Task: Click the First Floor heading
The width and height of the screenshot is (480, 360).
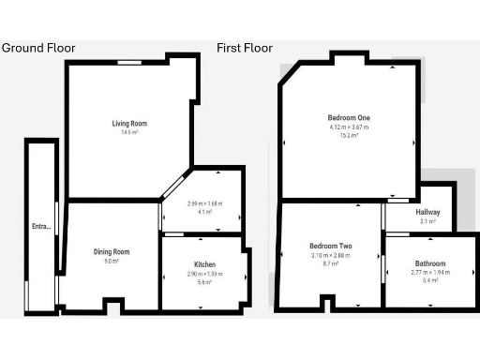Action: pos(247,48)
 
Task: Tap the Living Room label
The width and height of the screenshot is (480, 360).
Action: pos(129,124)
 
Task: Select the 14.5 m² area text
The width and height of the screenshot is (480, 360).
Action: pos(129,133)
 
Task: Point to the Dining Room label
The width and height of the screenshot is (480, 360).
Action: pos(111,252)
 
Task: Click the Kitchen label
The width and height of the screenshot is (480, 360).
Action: pos(204,265)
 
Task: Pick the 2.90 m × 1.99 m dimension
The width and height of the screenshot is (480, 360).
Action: pos(204,274)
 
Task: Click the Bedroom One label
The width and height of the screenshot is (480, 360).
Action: pos(348,117)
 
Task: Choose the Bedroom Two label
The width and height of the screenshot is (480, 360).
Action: pos(329,247)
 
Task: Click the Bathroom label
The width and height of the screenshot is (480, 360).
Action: pos(429,263)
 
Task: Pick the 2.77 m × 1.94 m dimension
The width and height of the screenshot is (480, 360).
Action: pos(429,272)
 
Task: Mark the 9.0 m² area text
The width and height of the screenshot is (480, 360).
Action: pos(111,262)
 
